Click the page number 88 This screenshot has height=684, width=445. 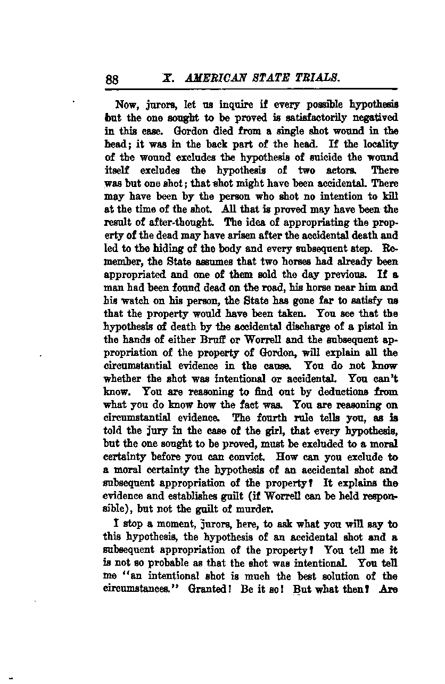[112, 79]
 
